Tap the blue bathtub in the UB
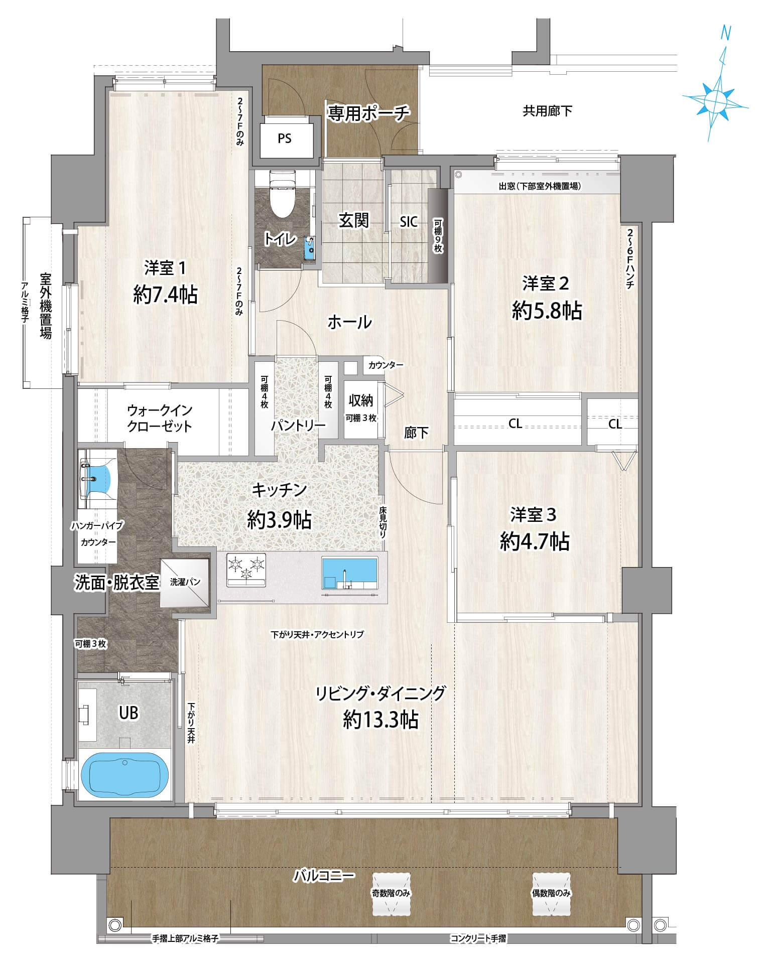pos(124,775)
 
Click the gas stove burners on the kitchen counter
pos(246,569)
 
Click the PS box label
pos(285,138)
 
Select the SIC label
pos(409,222)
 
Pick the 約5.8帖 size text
pos(547,311)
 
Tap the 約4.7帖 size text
pos(534,541)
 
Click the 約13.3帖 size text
pos(380,720)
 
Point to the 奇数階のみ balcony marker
pos(392,893)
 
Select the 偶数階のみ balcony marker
pos(552,893)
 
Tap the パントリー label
pos(298,426)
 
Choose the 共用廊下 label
pos(547,111)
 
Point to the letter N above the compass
pos(725,34)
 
